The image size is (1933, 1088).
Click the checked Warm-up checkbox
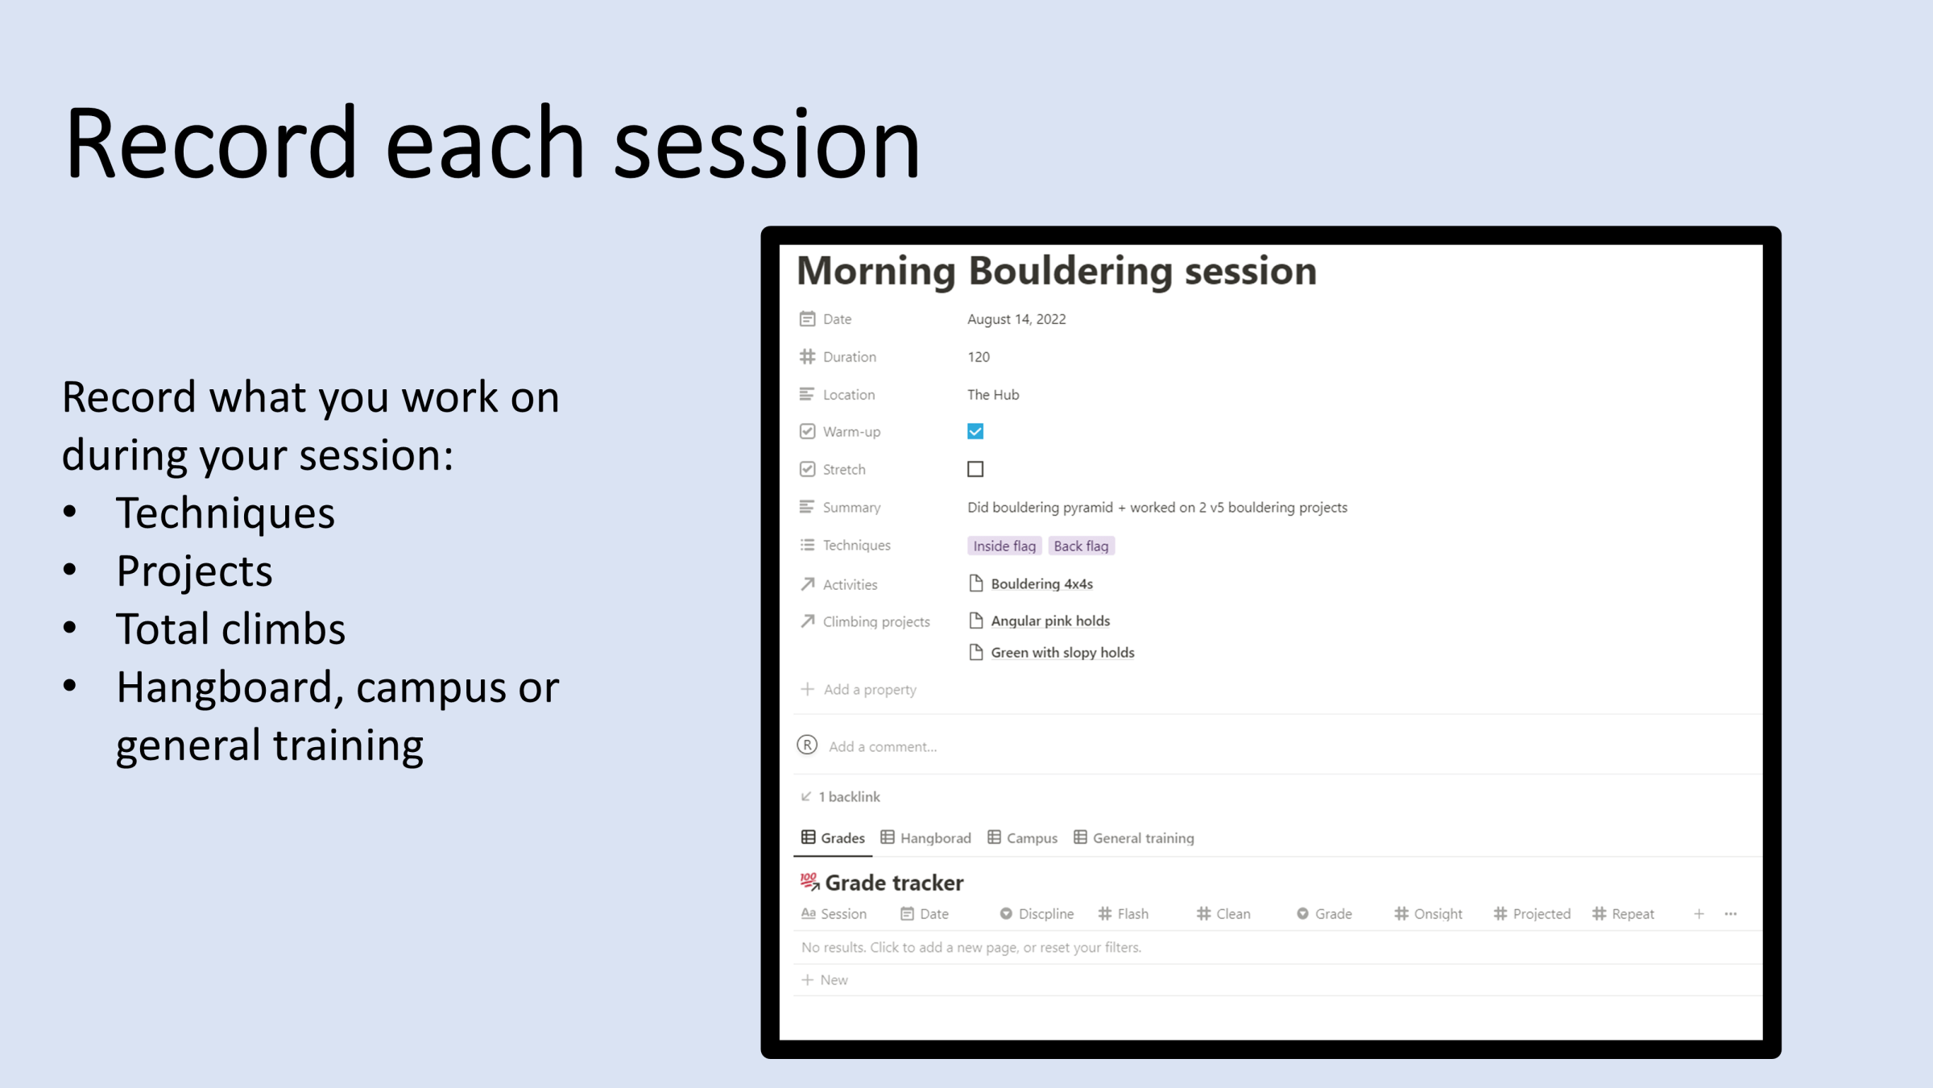(x=975, y=431)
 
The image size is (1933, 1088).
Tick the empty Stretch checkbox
(x=975, y=469)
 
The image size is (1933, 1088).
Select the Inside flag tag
(x=1004, y=546)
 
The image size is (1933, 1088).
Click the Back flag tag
(x=1081, y=546)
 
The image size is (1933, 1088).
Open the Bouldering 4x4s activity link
(x=1041, y=583)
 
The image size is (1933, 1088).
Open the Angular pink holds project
(x=1050, y=621)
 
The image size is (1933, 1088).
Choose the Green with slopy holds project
(x=1062, y=653)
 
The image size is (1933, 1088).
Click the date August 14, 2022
(x=1016, y=319)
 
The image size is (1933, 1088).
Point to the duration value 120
(x=979, y=357)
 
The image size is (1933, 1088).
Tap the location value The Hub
(x=993, y=395)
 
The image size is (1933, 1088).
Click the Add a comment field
(x=883, y=747)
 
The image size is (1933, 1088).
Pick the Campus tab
(x=1023, y=838)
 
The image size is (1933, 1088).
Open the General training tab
(x=1134, y=838)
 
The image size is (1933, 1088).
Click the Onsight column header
(x=1429, y=914)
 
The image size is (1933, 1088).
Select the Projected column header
(x=1532, y=914)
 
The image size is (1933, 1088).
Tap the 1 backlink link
(x=841, y=797)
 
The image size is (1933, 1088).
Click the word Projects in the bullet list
(x=194, y=571)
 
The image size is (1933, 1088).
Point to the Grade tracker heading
(x=894, y=883)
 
